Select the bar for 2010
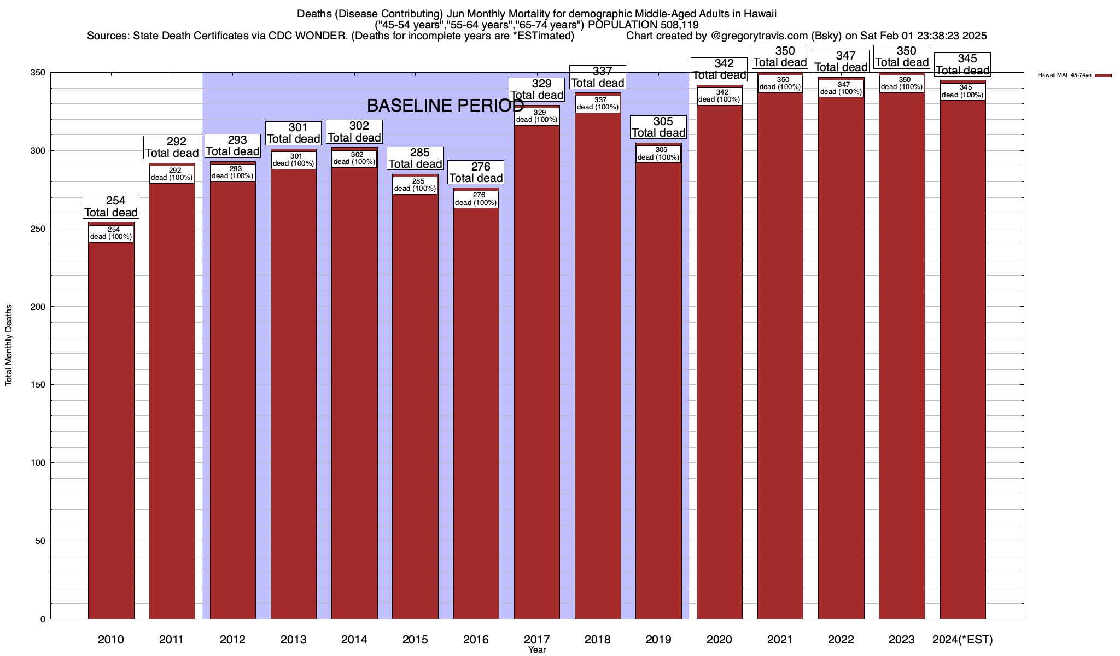click(111, 426)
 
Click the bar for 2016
click(476, 410)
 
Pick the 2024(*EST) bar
click(962, 355)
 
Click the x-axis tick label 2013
click(293, 639)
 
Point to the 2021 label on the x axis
click(780, 639)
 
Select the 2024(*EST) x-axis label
click(962, 639)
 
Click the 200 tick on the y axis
click(38, 307)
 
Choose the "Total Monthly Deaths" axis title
click(9, 346)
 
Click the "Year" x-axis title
click(537, 650)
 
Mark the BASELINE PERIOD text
click(445, 105)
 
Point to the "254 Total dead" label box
click(111, 207)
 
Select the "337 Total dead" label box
click(598, 77)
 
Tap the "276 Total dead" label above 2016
click(476, 172)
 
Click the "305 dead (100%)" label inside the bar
click(658, 154)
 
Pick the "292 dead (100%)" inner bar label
click(172, 174)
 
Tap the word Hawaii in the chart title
click(760, 14)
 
